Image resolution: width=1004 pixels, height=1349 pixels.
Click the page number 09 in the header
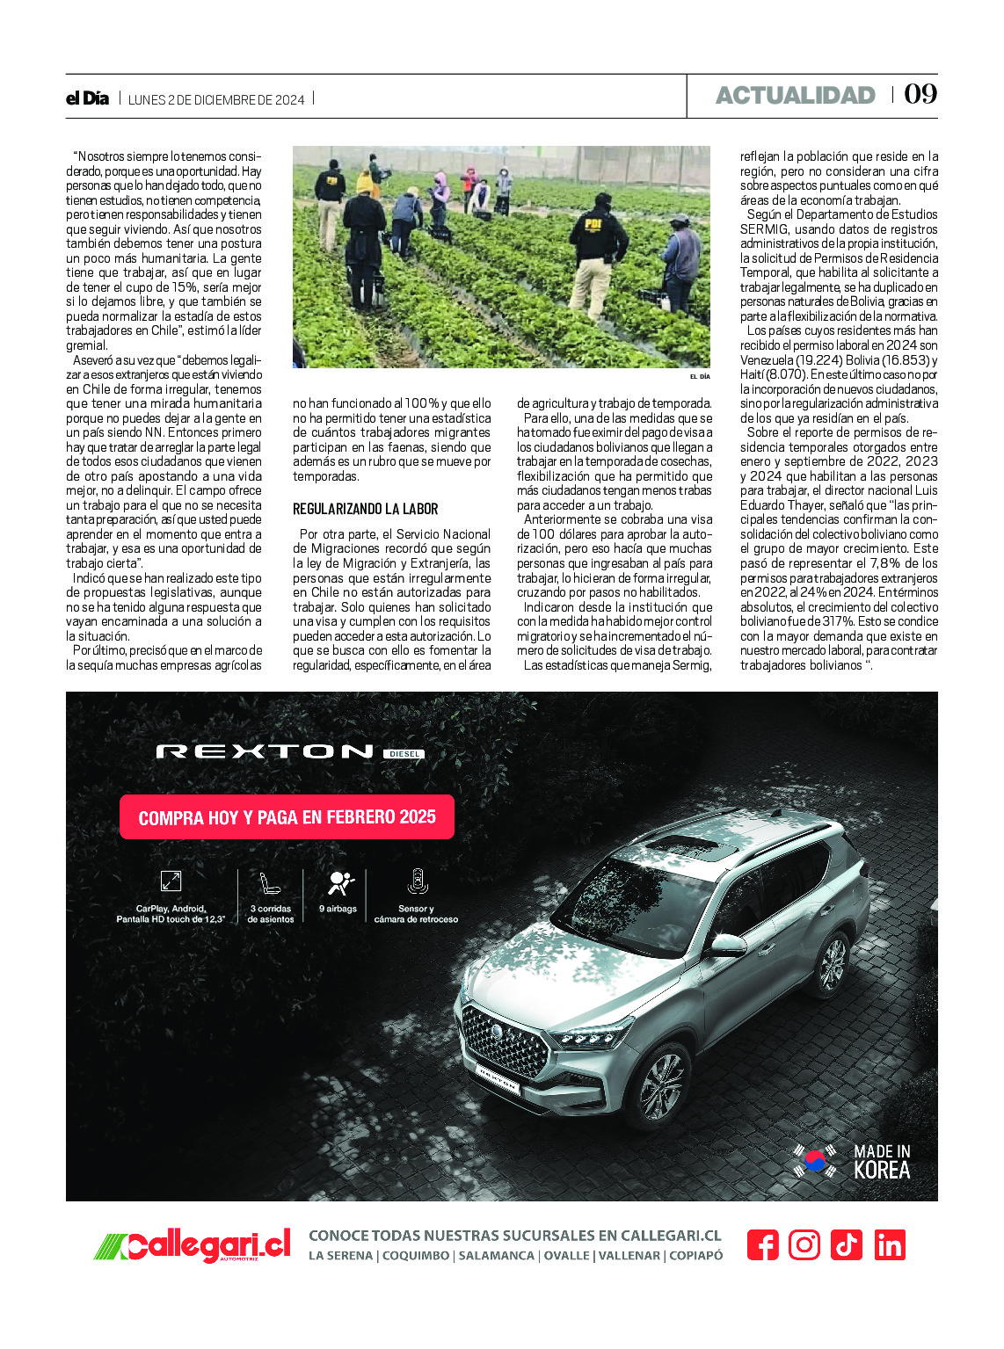pos(920,94)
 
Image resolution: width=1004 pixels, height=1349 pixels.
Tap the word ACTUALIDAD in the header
pos(795,95)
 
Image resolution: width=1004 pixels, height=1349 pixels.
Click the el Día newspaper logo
pos(87,98)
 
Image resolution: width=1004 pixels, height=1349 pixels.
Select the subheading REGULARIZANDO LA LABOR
pos(365,509)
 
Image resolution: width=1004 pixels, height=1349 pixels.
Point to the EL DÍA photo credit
pos(699,376)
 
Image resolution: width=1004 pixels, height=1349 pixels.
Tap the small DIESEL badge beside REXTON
pos(404,753)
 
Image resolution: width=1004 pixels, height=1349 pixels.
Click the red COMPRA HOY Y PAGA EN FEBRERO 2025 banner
pos(287,817)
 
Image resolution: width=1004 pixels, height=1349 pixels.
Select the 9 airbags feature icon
pos(339,882)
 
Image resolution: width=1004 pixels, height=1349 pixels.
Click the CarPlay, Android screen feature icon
pos(171,881)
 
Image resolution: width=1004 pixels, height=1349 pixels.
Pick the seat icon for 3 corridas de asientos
pos(270,882)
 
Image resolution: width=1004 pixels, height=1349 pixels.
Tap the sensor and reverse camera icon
pos(417,881)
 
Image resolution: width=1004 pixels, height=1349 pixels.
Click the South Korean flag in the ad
pos(814,1160)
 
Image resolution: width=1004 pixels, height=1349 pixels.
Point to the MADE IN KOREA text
pos(882,1161)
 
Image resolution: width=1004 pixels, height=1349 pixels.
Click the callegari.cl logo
pos(193,1245)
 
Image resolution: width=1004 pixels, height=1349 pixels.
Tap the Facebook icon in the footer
pos(762,1245)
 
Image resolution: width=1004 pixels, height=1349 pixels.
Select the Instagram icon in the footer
pos(804,1245)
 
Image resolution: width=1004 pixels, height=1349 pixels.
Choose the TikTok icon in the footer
pos(846,1245)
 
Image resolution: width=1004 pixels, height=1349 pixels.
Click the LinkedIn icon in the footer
pos(889,1245)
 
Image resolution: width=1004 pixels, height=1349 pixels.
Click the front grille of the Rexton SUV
pos(505,1040)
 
